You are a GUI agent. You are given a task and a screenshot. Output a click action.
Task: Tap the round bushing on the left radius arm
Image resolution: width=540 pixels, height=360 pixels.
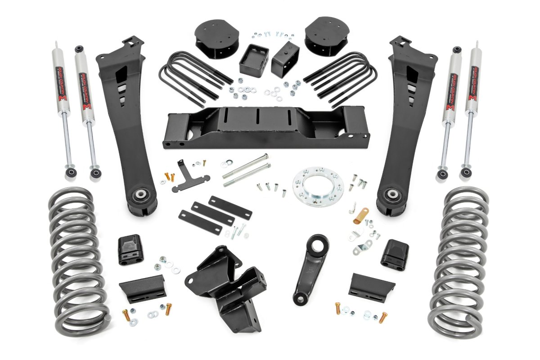pyautogui.click(x=141, y=196)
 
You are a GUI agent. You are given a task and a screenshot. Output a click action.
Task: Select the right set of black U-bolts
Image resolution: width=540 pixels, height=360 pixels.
pyautogui.click(x=342, y=79)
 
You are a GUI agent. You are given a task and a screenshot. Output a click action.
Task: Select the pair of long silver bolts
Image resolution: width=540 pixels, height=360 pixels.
pyautogui.click(x=246, y=170)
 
